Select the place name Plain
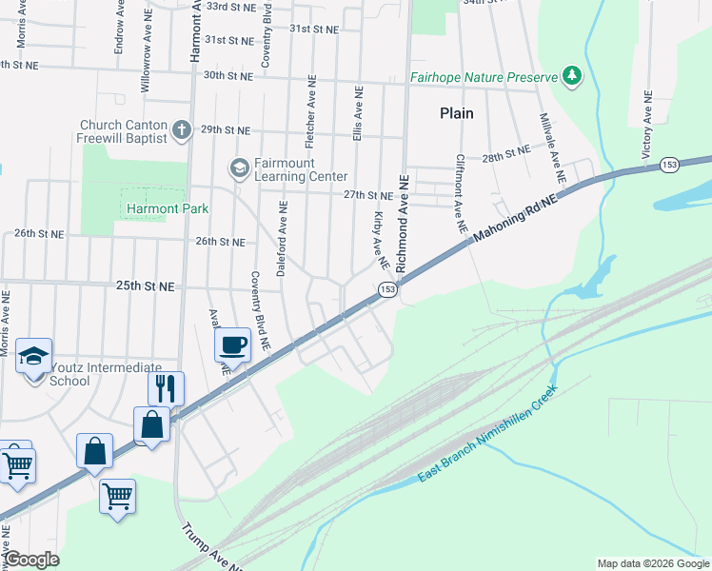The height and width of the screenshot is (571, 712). pos(457,112)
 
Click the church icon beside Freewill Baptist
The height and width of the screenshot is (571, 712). pos(183,128)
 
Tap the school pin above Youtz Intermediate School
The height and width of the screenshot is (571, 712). pos(34,357)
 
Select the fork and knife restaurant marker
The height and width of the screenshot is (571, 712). pos(165,387)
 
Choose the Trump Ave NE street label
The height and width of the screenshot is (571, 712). pos(211,547)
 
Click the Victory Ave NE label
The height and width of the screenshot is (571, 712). pos(646,124)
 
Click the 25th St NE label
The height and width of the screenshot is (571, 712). pos(146,285)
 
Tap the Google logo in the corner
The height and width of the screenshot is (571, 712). pos(31,560)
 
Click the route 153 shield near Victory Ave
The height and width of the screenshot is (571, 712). pos(669,166)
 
